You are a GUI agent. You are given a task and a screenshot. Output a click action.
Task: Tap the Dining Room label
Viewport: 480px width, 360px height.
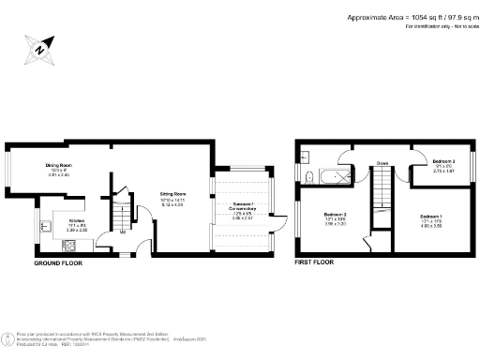click(59, 166)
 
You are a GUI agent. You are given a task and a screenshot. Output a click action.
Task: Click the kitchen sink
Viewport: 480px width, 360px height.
click(48, 225)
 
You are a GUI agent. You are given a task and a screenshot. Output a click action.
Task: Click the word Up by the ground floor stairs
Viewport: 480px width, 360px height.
click(122, 232)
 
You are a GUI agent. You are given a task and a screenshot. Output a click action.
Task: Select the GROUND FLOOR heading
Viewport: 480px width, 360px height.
click(58, 264)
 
